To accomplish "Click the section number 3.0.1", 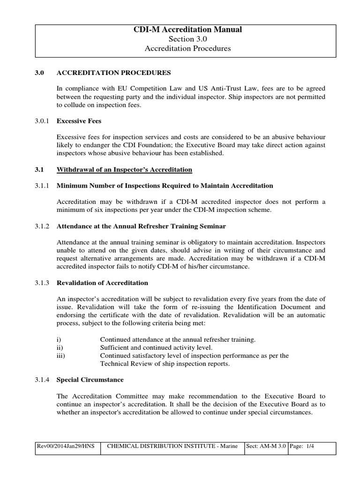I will point(44,121).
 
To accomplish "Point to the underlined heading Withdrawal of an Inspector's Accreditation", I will point(124,169).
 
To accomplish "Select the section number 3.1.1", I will point(44,186).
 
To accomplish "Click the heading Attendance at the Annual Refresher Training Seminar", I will point(141,226).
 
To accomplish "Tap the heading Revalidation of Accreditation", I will point(102,283).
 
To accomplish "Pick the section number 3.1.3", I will point(44,283).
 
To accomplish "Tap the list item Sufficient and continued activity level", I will point(156,347).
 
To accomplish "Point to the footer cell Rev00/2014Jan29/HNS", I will point(66,447).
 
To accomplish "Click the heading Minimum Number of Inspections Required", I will point(165,186).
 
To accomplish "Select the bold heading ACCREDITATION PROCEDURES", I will point(114,73).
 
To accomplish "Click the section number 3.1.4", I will point(44,380).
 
